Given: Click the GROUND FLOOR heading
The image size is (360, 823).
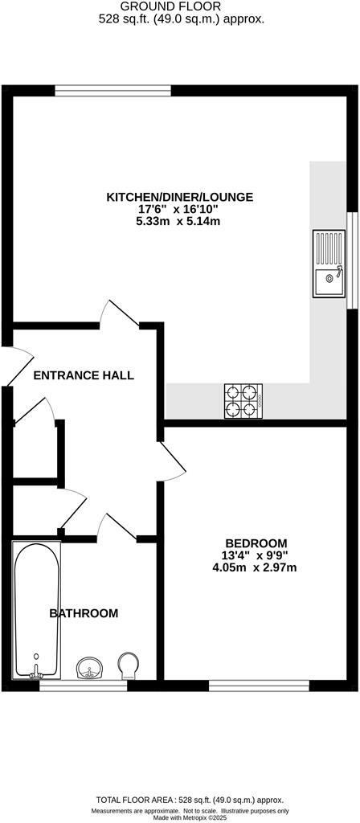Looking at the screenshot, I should tap(180, 6).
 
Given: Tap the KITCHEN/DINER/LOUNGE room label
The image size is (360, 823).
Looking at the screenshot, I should tap(180, 197).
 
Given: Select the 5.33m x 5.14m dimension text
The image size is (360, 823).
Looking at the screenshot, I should tap(178, 221).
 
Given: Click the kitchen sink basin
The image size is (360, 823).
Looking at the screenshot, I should tap(327, 281).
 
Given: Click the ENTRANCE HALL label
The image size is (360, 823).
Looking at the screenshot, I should tap(84, 375).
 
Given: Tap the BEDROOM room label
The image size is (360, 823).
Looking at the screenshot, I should tap(256, 543).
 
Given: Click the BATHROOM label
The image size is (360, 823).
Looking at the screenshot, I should tap(84, 613).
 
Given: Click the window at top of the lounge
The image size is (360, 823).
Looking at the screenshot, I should tap(113, 90).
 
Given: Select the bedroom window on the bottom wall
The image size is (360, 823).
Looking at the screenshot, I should tap(259, 685).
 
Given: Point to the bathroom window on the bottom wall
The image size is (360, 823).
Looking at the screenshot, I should tap(83, 685).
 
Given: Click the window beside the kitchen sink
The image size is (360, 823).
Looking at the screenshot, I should tap(350, 260).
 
